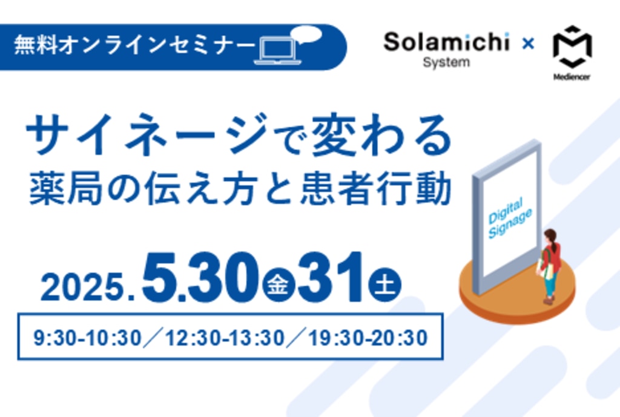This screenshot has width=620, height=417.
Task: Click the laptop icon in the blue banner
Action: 277,51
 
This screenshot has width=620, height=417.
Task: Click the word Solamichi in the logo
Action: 446,42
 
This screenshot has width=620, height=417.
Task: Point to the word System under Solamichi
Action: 446,62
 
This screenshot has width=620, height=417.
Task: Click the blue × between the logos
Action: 528,43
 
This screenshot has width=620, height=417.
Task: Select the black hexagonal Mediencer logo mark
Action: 572,47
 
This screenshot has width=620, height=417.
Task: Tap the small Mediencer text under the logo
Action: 572,77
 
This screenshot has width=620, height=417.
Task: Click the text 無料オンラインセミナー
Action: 134,45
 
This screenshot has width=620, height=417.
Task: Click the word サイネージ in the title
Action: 147,134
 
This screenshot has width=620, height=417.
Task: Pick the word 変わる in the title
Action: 382,134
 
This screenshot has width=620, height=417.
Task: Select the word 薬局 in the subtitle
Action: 65,188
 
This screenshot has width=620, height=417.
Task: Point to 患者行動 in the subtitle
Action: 376,188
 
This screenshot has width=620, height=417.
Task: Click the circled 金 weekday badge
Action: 278,284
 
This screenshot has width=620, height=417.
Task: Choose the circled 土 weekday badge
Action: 384,284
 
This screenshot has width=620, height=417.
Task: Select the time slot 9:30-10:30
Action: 87,338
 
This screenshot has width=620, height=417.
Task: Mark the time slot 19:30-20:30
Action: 368,338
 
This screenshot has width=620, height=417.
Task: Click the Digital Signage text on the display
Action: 510,218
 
